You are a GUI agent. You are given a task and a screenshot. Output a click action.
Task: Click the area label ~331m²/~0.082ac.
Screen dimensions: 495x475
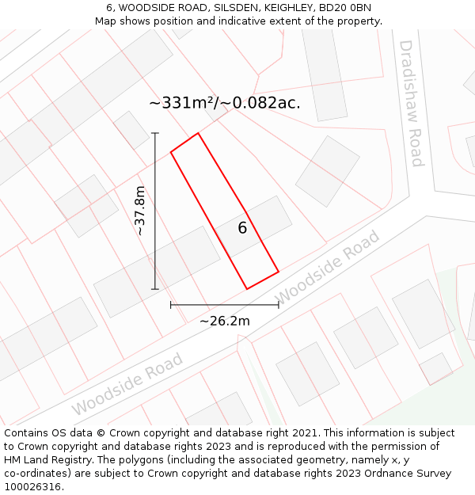click(224, 103)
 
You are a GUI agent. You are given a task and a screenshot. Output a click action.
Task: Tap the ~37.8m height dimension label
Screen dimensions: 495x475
click(140, 211)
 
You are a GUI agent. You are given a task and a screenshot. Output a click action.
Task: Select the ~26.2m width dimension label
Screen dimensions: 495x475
click(224, 321)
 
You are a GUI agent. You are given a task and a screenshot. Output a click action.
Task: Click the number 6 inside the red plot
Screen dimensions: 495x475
click(242, 228)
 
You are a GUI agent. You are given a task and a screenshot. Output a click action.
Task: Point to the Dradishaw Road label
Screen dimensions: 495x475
click(412, 103)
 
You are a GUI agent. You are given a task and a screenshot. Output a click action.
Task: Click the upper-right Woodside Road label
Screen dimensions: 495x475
click(328, 267)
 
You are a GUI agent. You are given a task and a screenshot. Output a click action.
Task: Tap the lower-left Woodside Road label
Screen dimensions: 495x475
click(127, 384)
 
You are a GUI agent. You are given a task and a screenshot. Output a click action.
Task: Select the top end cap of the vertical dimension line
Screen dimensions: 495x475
click(155, 133)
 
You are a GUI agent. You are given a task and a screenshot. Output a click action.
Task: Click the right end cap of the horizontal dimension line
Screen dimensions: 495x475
click(279, 304)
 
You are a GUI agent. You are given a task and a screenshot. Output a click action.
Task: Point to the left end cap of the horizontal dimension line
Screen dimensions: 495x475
click(171, 304)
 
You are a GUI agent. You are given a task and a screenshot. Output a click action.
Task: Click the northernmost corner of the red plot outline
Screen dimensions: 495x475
click(198, 133)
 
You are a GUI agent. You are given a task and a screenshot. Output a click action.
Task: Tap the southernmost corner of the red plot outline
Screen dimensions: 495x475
click(247, 289)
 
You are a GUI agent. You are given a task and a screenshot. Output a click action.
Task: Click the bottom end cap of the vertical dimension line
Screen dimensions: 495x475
click(155, 289)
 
